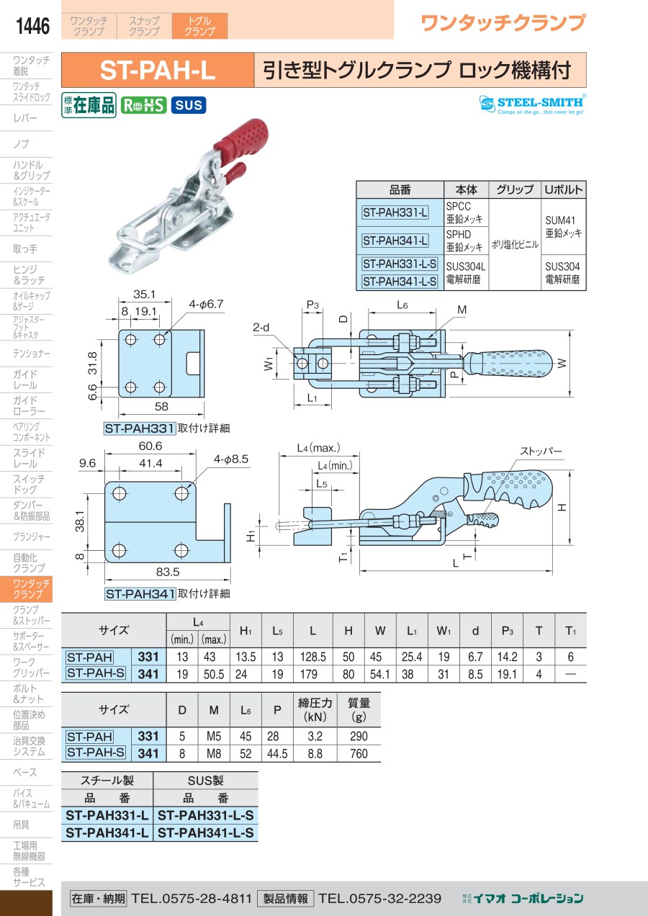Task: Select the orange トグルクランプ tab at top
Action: tap(199, 27)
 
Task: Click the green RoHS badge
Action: tap(143, 105)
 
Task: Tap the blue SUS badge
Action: tap(189, 105)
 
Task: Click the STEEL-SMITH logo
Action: tap(532, 104)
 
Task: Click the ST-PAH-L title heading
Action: tap(158, 71)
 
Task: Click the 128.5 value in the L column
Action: tap(312, 657)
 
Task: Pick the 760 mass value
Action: tap(358, 754)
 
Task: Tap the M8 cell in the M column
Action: tap(214, 754)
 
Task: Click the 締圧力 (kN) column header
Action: tap(315, 710)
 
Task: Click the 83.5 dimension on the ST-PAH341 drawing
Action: tap(166, 572)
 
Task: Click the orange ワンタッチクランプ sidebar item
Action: tap(27, 589)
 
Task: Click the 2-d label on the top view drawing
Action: tap(261, 327)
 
